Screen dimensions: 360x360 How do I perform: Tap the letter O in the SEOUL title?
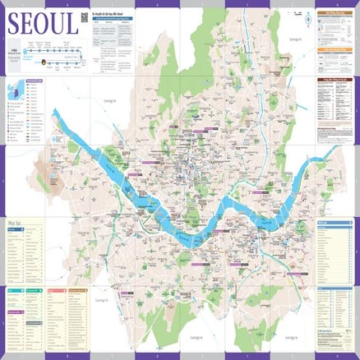41,23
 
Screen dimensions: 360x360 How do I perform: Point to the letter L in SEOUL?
72,23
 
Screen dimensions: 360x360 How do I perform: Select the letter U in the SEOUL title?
58,23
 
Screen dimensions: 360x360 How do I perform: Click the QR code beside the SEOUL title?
85,18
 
